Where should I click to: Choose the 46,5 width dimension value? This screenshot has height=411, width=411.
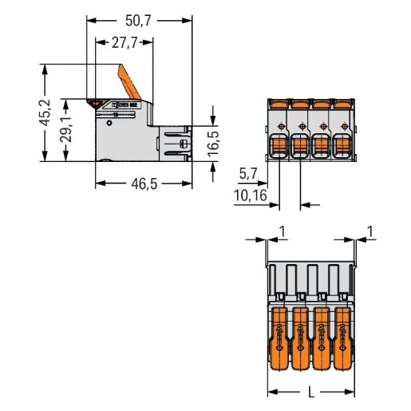tap(143, 184)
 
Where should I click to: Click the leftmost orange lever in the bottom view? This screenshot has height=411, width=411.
tap(279, 330)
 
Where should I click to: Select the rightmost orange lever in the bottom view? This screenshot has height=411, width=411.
tap(343, 330)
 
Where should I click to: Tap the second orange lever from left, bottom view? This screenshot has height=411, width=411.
tap(301, 330)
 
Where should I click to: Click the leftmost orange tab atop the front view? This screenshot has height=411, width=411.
tap(279, 103)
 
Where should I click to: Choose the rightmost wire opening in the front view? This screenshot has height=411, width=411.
tap(343, 147)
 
